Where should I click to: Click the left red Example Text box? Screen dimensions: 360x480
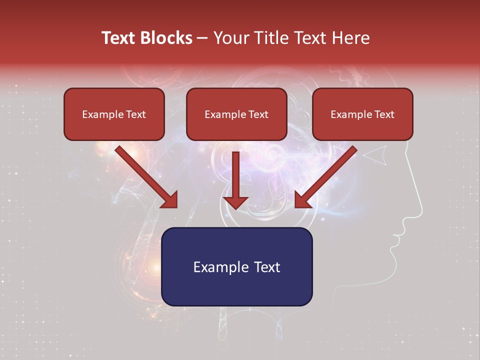114,114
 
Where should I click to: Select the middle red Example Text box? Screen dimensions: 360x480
236,114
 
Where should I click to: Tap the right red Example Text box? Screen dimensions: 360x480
362,114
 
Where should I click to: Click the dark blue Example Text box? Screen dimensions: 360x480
236,266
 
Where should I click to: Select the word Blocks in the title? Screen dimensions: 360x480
166,38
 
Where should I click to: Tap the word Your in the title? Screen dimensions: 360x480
231,38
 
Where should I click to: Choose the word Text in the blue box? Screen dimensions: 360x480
266,267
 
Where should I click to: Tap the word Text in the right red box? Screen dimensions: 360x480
384,114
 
